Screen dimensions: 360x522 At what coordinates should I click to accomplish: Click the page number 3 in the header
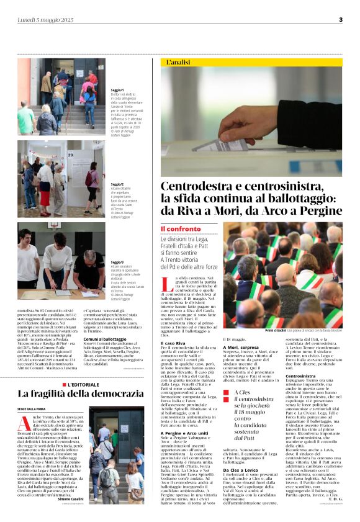[x=340, y=19]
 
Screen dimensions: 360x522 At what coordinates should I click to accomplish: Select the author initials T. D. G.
[x=333, y=498]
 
